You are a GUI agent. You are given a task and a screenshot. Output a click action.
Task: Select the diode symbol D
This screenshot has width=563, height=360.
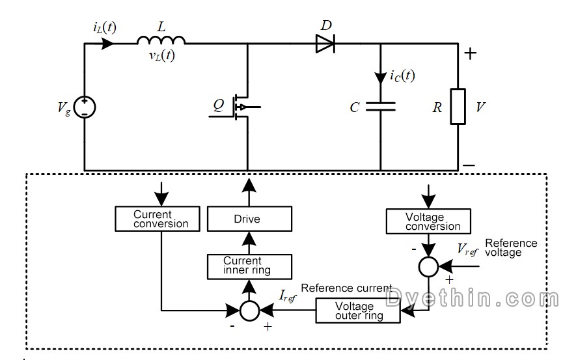[325, 44]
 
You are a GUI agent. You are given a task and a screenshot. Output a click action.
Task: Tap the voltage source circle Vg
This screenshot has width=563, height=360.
[85, 106]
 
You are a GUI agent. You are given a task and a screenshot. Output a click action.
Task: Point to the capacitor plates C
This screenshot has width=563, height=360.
[380, 107]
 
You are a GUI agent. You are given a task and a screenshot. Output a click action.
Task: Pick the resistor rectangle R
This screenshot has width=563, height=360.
[458, 106]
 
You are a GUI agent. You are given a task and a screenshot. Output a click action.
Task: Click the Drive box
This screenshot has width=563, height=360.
[247, 219]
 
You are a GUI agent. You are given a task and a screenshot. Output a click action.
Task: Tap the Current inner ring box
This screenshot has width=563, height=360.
[248, 266]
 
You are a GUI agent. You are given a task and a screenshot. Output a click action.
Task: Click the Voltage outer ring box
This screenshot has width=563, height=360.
[358, 311]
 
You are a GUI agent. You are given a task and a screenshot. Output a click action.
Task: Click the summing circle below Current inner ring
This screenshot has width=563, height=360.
[249, 311]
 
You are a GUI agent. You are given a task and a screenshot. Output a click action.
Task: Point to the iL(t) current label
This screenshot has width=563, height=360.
[105, 27]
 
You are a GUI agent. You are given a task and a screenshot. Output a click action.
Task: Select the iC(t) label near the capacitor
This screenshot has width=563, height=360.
[402, 76]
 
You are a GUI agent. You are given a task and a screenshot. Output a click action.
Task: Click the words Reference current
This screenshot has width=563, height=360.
[346, 288]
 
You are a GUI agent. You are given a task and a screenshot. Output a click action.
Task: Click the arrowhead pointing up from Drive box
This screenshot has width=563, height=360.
[248, 187]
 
